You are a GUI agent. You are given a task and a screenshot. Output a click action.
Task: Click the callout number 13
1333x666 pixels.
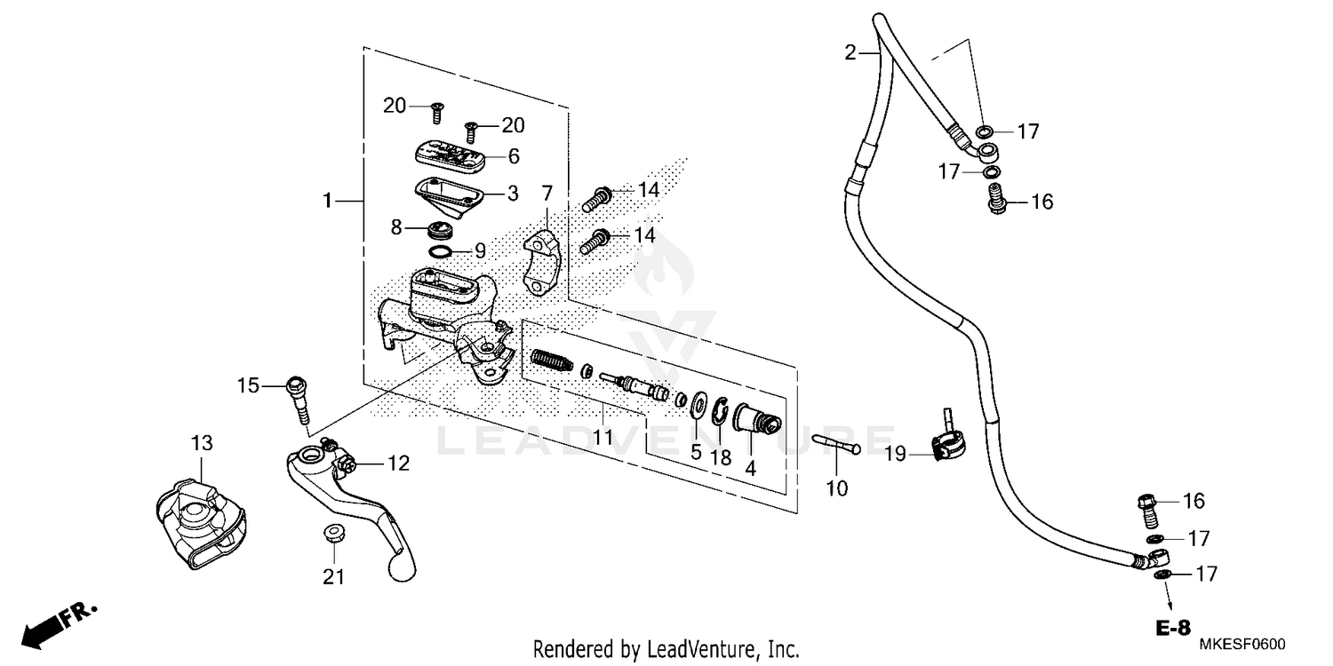point(202,442)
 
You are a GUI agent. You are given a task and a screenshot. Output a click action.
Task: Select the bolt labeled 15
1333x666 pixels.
point(298,400)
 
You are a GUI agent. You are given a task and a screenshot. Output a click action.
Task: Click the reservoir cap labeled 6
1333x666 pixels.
point(450,156)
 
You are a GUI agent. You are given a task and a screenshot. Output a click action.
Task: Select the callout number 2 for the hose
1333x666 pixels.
point(850,53)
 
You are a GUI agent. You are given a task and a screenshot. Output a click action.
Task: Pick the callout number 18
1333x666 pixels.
point(721,458)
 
